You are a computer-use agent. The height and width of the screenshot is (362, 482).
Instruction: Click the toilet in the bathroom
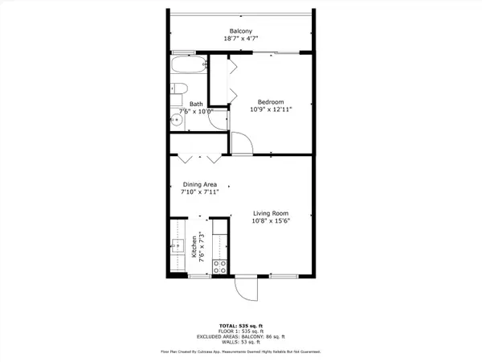click(180, 88)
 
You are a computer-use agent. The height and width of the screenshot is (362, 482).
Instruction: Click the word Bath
click(196, 104)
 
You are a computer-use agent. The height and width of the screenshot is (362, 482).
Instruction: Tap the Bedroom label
click(270, 101)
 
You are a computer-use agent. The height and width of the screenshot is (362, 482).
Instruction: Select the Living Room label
click(272, 212)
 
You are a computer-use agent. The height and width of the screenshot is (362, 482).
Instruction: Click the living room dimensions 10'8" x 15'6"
click(272, 221)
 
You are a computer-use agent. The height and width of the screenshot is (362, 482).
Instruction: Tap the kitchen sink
click(178, 246)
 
